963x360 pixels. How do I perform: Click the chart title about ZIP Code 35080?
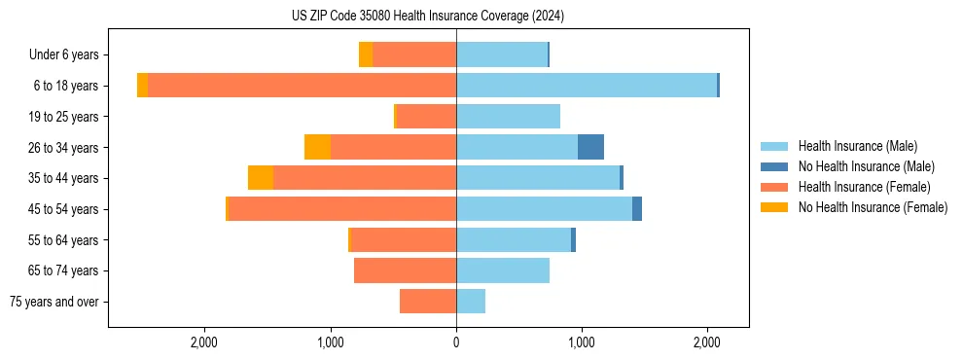pyautogui.click(x=428, y=16)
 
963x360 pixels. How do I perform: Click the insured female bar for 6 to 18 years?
pyautogui.click(x=302, y=86)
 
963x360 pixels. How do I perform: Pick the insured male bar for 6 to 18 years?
pyautogui.click(x=587, y=86)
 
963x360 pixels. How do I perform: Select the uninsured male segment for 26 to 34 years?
pyautogui.click(x=590, y=147)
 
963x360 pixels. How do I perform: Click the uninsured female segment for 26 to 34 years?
pyautogui.click(x=317, y=147)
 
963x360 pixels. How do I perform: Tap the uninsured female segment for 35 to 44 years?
pyautogui.click(x=261, y=178)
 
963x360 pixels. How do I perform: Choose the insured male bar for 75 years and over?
pyautogui.click(x=471, y=302)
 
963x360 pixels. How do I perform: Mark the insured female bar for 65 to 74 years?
pyautogui.click(x=405, y=270)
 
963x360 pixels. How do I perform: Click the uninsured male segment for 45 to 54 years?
pyautogui.click(x=637, y=209)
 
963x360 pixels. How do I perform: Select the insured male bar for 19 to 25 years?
pyautogui.click(x=508, y=117)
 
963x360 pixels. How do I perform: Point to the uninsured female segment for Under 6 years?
pyautogui.click(x=366, y=54)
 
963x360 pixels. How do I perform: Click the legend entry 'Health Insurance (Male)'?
pyautogui.click(x=857, y=146)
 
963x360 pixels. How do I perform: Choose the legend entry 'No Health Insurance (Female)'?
pyautogui.click(x=873, y=207)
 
